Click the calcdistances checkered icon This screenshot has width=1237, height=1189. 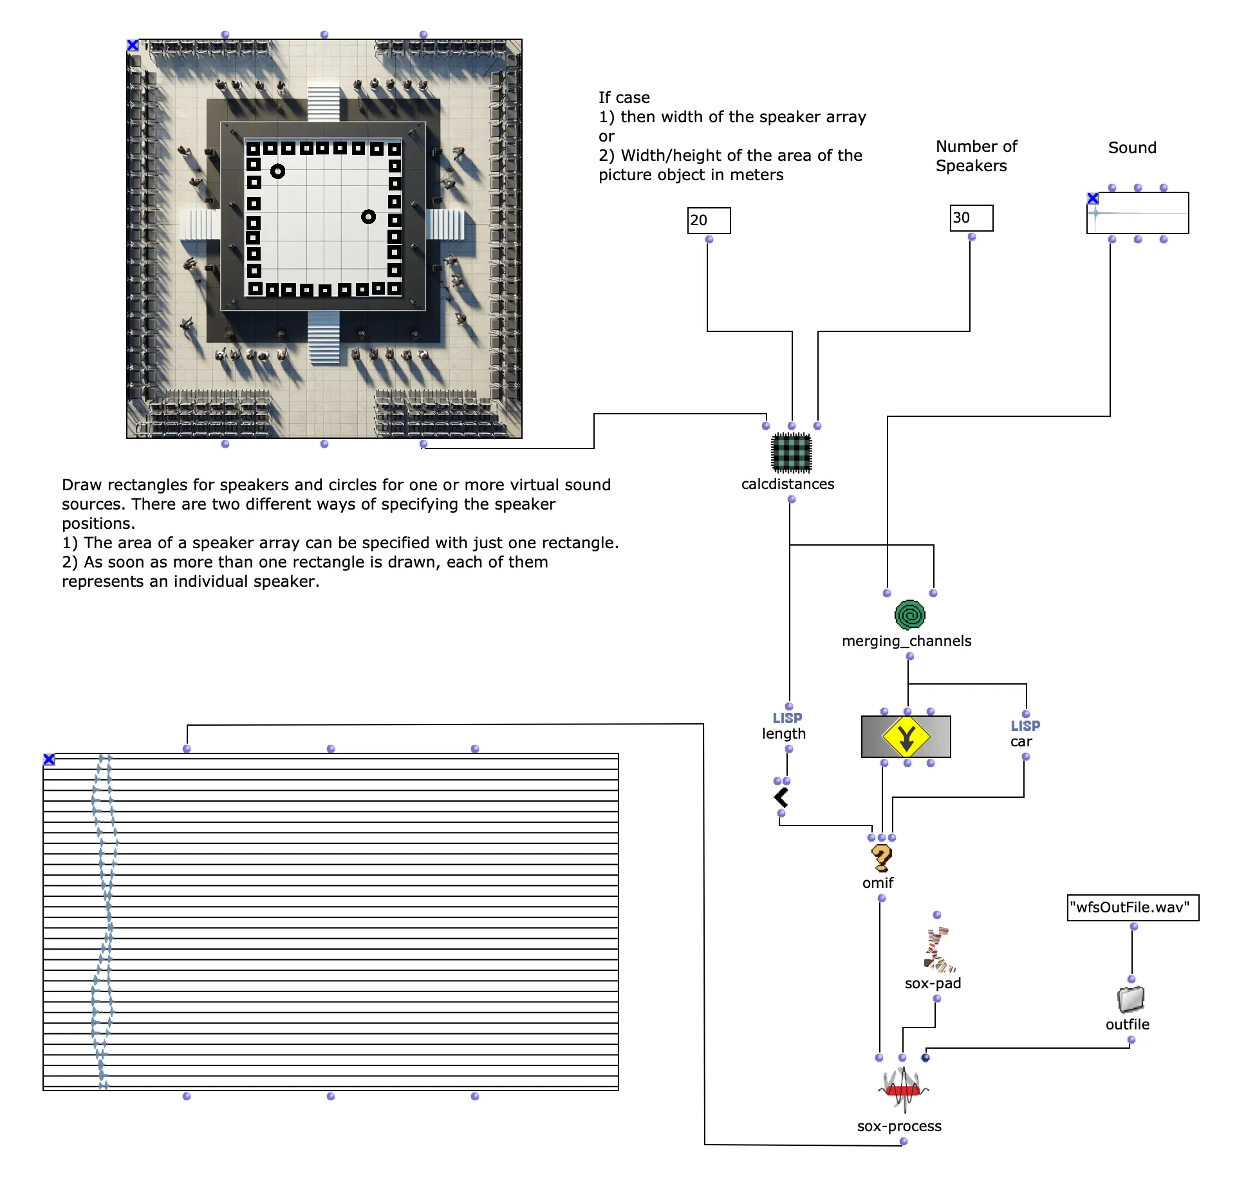(791, 453)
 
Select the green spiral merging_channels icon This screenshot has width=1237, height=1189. (909, 615)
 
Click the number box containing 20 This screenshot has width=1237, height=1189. (709, 221)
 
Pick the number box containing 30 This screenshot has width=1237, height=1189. (971, 218)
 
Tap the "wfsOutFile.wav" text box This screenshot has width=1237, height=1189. (1133, 908)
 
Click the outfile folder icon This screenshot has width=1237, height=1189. (1131, 999)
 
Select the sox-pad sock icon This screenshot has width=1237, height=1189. (938, 949)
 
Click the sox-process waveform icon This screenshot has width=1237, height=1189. (904, 1090)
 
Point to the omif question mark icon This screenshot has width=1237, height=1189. (881, 858)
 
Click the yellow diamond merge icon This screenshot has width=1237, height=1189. (906, 737)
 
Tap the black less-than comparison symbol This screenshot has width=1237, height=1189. (781, 797)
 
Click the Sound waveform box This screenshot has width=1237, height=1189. (1137, 213)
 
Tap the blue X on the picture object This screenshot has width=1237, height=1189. (133, 45)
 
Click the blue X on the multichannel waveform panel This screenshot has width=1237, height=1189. (49, 759)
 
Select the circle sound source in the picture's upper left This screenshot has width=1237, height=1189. (277, 171)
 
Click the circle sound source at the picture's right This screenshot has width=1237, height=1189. (368, 217)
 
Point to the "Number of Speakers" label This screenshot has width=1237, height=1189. (976, 156)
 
